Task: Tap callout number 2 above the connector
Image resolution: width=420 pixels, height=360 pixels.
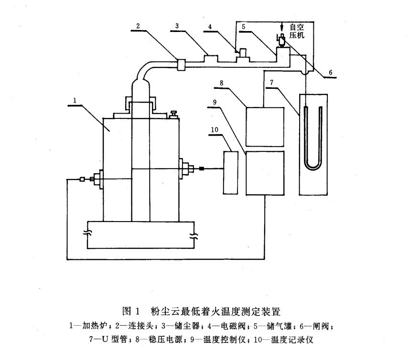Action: pyautogui.click(x=138, y=26)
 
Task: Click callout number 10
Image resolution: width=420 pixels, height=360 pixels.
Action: pyautogui.click(x=214, y=130)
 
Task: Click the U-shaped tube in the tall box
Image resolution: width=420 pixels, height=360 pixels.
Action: pyautogui.click(x=313, y=138)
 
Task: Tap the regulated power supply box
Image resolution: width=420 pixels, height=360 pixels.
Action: pyautogui.click(x=265, y=127)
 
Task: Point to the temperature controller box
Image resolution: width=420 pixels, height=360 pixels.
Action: pyautogui.click(x=265, y=173)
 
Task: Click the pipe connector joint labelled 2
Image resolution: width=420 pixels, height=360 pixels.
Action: pyautogui.click(x=181, y=64)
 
